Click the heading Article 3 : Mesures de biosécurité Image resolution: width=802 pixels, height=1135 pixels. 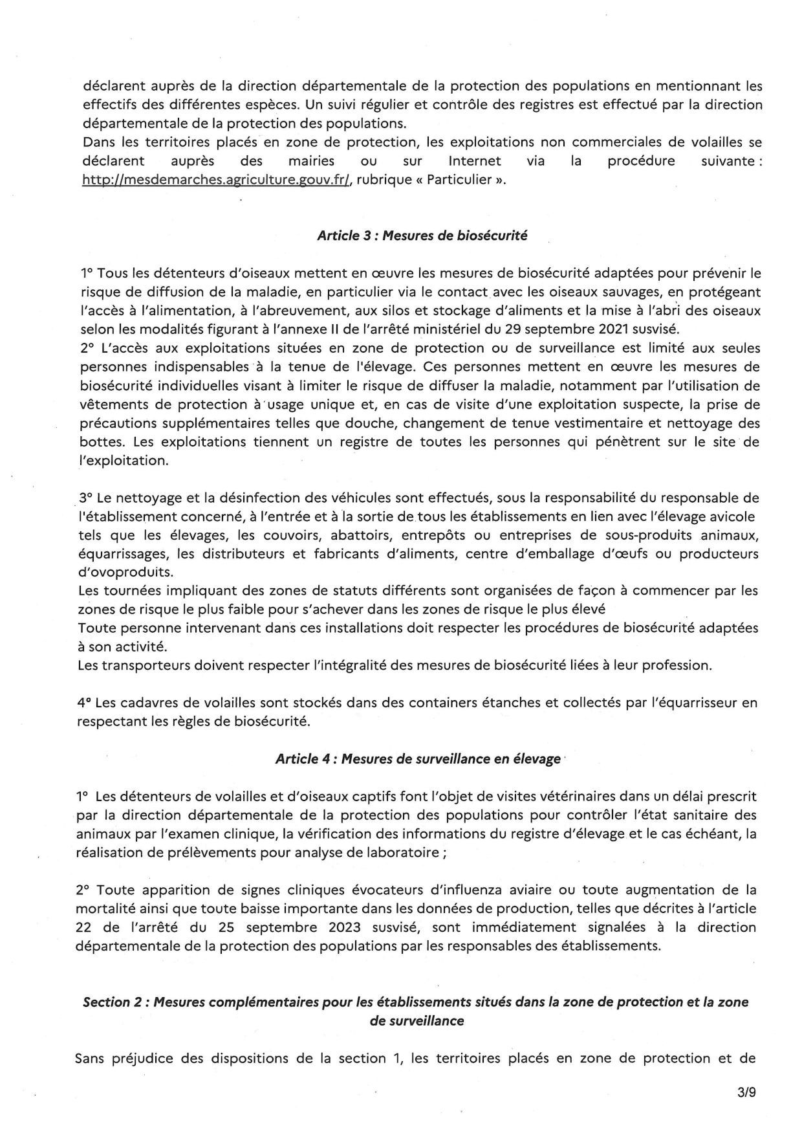point(422,236)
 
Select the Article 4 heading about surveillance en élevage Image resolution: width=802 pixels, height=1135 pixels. point(418,759)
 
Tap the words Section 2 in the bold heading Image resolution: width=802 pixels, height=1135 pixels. point(107,1002)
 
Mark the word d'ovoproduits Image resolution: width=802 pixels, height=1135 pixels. point(116,573)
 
